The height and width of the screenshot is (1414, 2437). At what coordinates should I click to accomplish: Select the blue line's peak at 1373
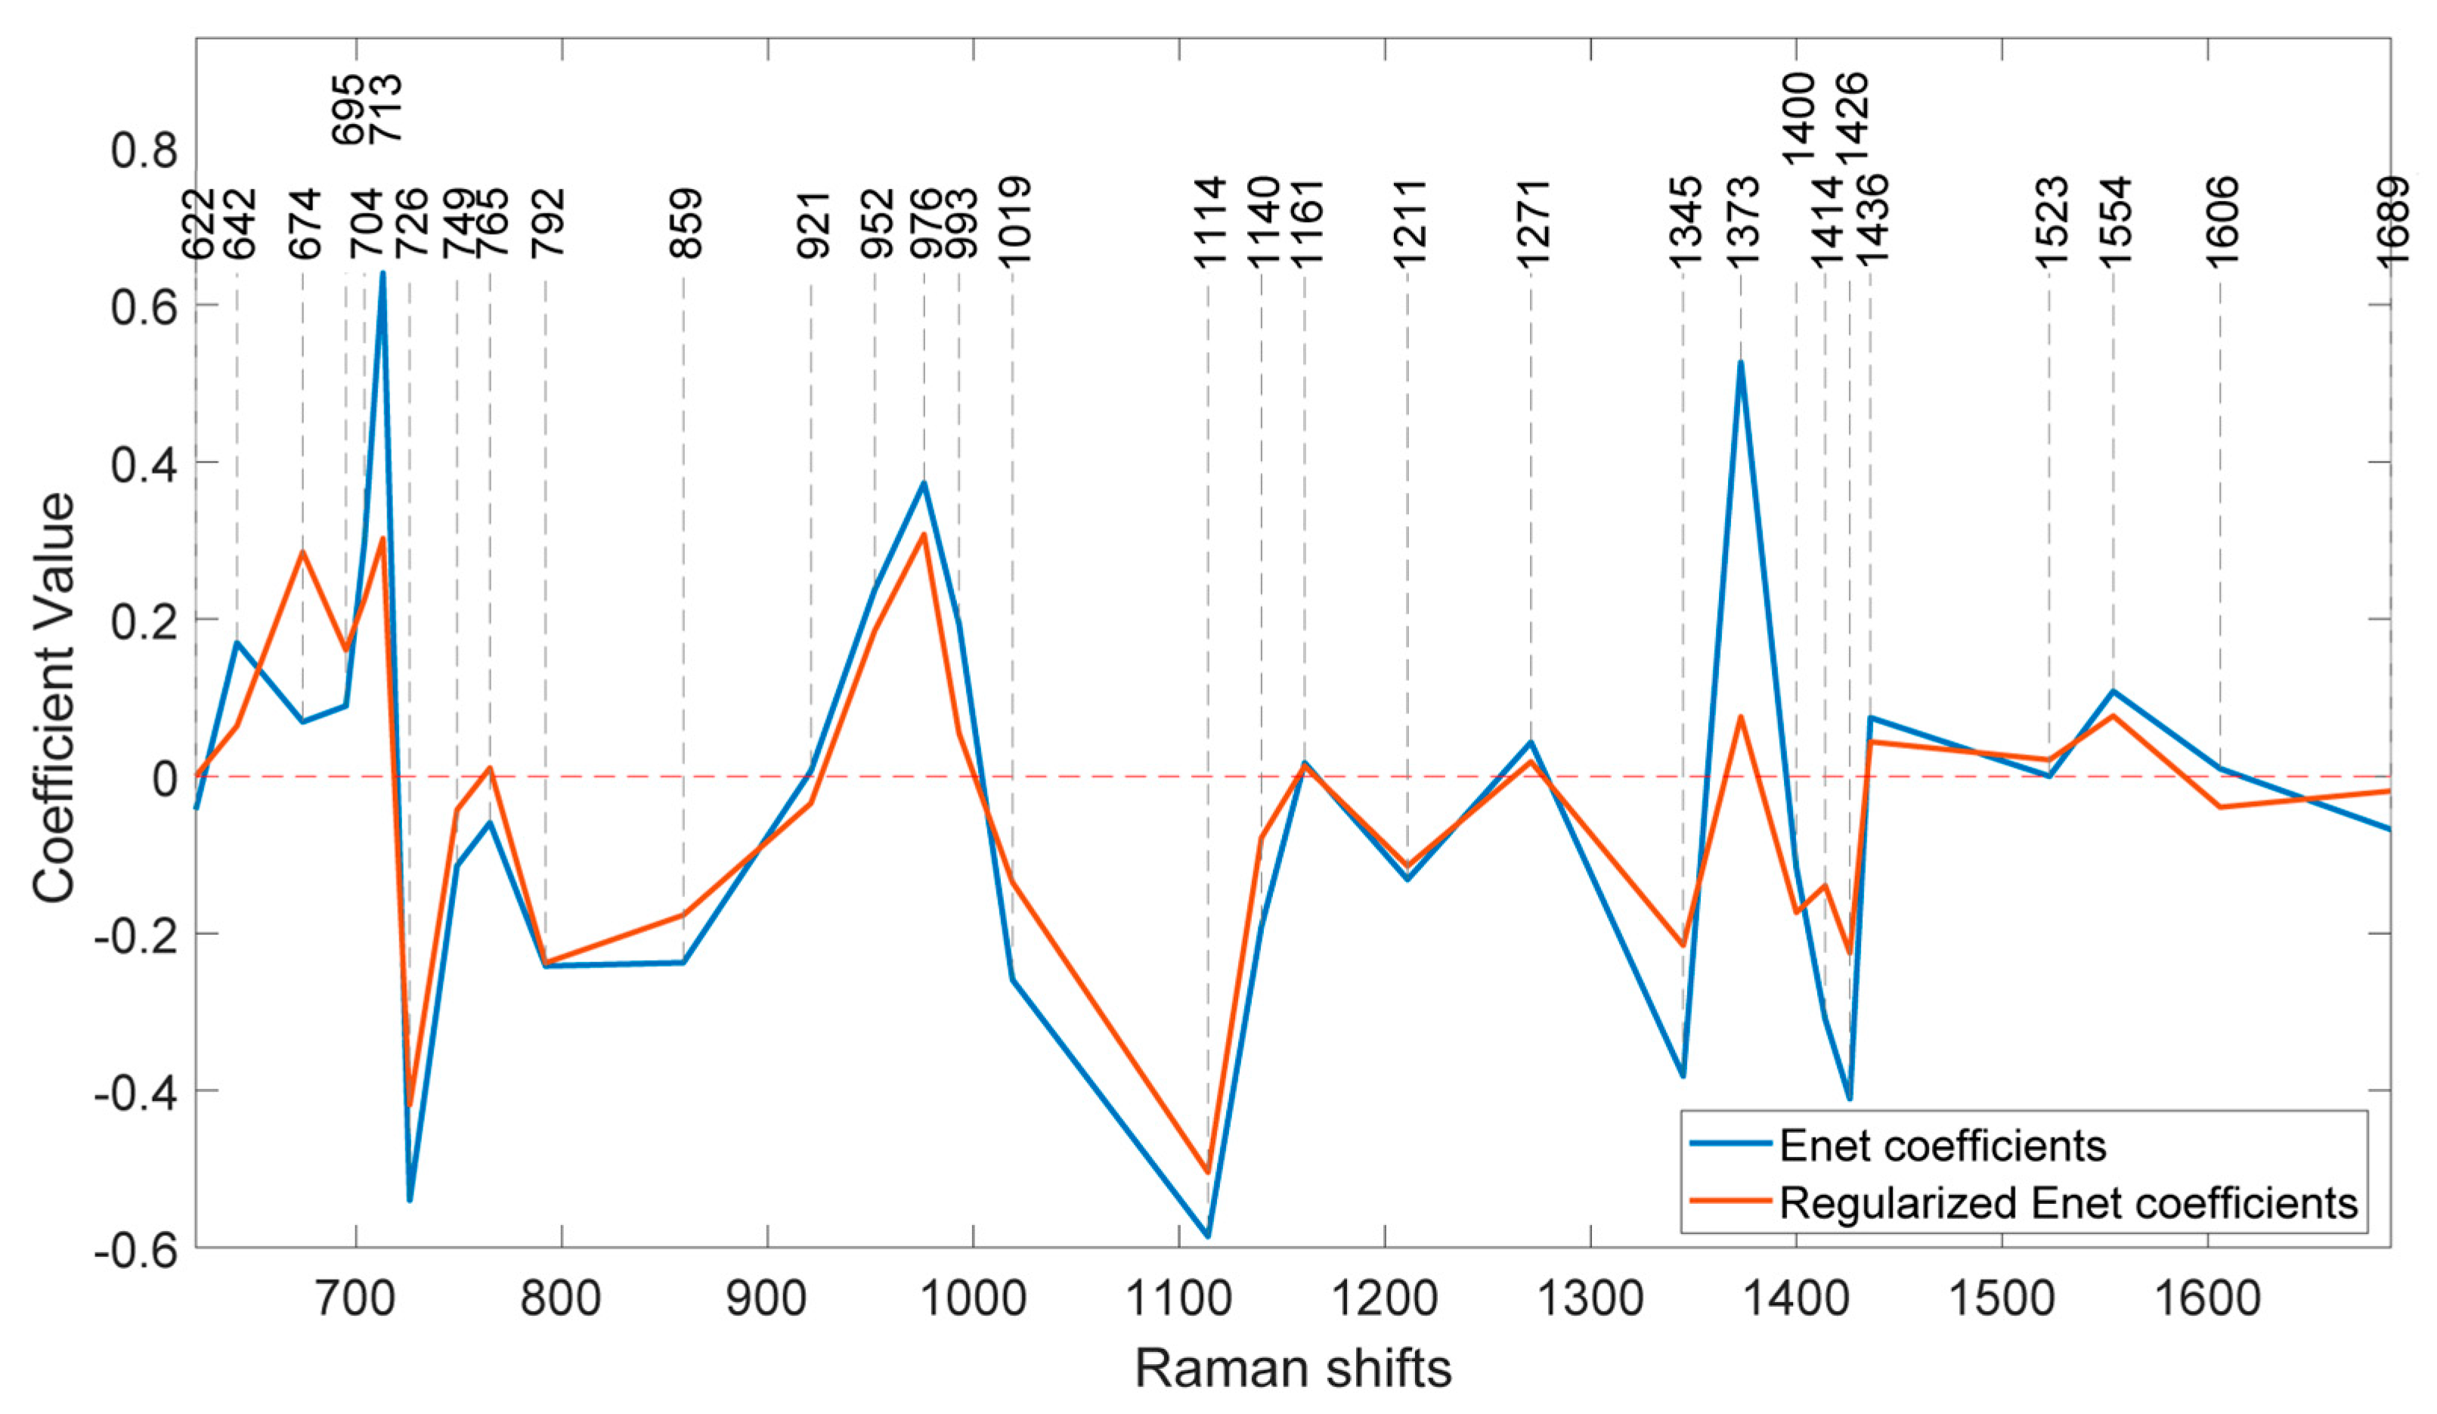(x=1741, y=363)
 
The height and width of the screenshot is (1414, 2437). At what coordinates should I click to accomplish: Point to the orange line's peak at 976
(x=924, y=535)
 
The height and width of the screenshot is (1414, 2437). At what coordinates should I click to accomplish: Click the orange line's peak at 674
(x=302, y=552)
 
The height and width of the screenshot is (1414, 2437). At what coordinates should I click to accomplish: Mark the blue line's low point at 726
(x=410, y=1199)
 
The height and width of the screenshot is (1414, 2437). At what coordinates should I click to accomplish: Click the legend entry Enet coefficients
(x=1942, y=1146)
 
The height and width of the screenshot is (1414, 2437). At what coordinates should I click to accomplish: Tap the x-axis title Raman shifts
(x=1293, y=1369)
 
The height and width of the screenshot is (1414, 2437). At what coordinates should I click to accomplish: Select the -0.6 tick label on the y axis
(x=135, y=1249)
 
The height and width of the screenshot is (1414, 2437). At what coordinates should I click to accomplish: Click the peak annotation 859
(x=686, y=224)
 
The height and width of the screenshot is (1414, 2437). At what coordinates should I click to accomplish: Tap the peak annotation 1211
(x=1410, y=224)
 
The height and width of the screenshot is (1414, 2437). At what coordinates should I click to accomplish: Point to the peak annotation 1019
(x=1014, y=221)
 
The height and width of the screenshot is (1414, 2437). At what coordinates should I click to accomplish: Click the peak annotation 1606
(x=2222, y=221)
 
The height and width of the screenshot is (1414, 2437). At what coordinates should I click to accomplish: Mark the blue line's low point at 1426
(x=1849, y=1099)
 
